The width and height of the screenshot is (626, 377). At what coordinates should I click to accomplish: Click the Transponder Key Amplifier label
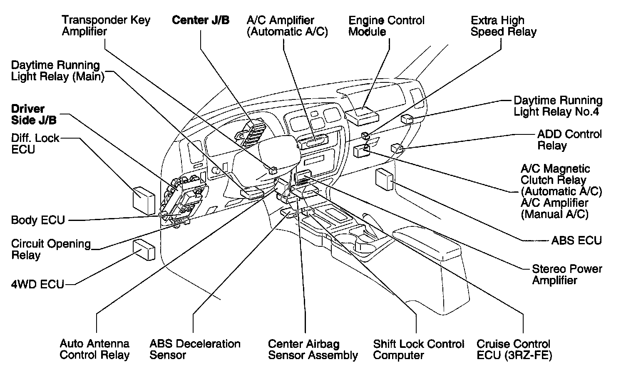106,26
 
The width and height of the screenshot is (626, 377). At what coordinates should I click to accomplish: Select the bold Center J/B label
201,20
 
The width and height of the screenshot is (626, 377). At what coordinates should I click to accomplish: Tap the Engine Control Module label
386,26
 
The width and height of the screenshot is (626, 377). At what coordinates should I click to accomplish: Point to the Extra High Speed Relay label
503,26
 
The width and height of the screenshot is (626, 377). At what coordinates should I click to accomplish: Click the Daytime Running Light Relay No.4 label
558,106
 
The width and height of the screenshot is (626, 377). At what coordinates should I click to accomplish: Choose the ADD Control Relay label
569,140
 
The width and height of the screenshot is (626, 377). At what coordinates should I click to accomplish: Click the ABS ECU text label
576,241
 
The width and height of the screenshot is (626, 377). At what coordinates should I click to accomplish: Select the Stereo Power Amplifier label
567,274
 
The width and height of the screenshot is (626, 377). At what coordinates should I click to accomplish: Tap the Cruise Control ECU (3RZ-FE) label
514,350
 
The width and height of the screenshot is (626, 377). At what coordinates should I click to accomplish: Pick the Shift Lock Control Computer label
418,350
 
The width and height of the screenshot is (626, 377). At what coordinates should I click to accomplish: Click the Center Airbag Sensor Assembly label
313,350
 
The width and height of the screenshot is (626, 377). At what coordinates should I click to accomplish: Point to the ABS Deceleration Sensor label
195,350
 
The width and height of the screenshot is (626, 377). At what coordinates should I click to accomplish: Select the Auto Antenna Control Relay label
94,350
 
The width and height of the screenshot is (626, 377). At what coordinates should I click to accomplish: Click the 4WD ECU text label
37,285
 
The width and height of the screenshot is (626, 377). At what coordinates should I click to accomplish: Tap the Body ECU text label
38,220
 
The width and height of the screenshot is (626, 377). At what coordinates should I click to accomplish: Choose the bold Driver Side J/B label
33,114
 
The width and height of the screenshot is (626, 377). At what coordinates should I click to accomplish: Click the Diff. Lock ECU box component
144,200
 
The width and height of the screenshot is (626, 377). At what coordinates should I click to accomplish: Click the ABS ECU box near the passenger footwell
385,179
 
